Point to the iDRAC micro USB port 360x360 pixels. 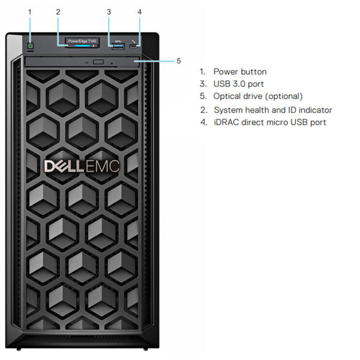click(x=140, y=45)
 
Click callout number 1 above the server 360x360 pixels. click(x=30, y=11)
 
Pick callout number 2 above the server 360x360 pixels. click(x=58, y=11)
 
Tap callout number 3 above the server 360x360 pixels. click(x=109, y=11)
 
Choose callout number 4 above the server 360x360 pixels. click(x=140, y=11)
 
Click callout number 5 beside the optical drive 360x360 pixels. click(x=178, y=61)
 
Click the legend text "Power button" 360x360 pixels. click(x=240, y=71)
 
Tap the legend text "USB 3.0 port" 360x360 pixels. click(x=238, y=84)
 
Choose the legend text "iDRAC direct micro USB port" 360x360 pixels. click(x=270, y=122)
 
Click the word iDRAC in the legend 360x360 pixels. click(x=226, y=122)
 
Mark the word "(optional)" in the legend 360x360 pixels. click(x=283, y=96)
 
